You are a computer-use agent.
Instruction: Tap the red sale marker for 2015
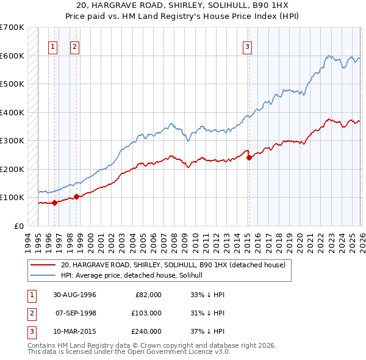(x=249, y=157)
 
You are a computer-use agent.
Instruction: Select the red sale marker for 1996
(x=54, y=203)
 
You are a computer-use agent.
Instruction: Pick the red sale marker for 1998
(x=77, y=196)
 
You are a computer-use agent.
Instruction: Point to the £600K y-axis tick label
(x=12, y=56)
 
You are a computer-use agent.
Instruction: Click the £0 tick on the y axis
(x=19, y=226)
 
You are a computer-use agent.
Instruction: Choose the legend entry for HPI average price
(x=135, y=275)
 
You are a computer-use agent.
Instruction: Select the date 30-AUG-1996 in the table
(x=74, y=295)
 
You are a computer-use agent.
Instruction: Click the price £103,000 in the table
(x=146, y=313)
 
